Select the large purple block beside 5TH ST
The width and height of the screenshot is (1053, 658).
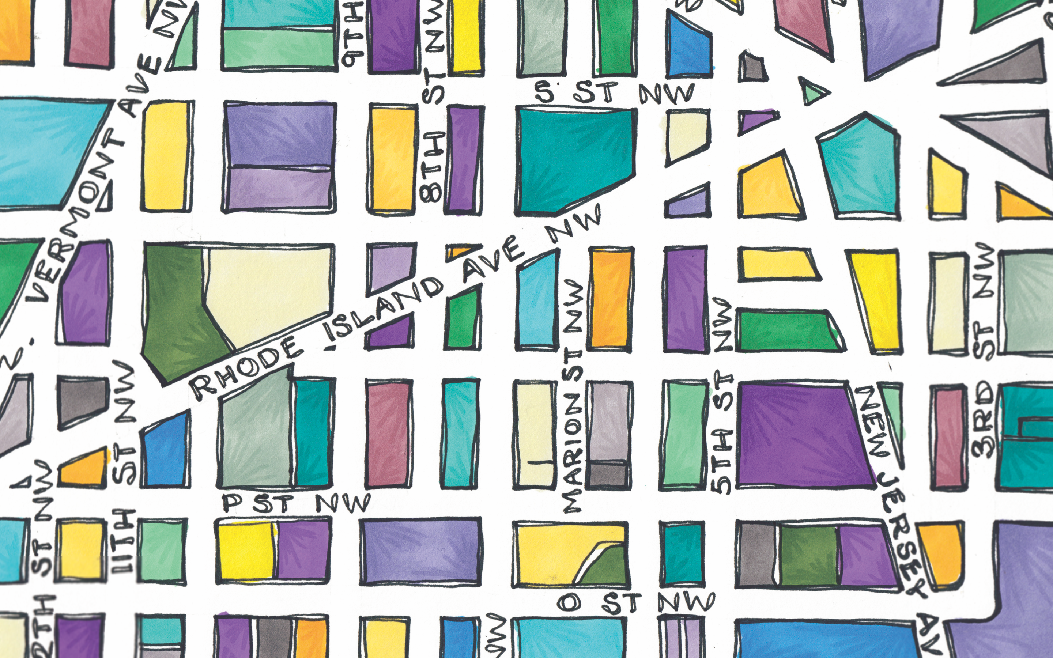click(801, 435)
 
